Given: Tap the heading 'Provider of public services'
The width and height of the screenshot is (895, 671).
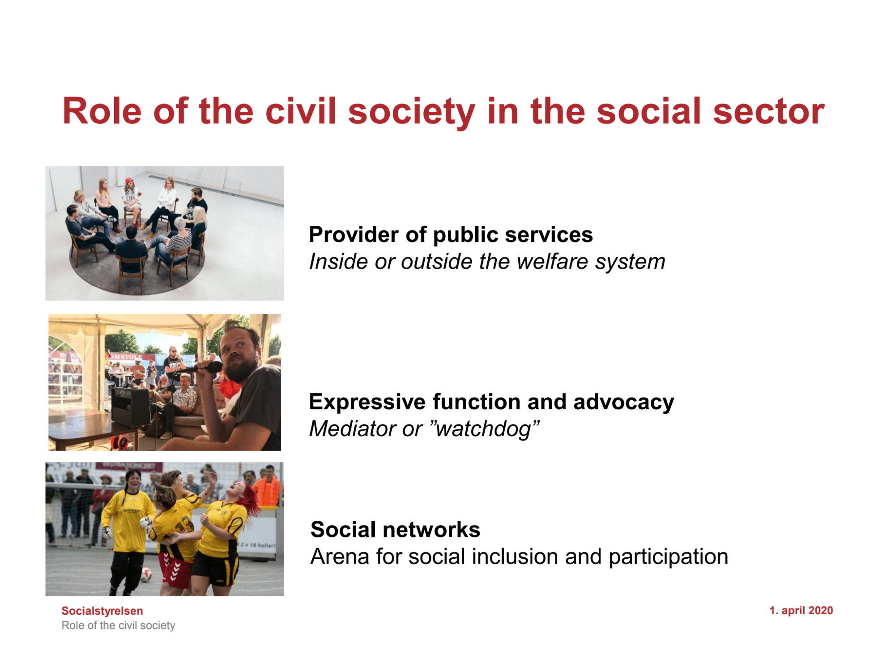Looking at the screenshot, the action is point(451,235).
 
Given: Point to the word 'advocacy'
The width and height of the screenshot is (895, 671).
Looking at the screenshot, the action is point(623,402).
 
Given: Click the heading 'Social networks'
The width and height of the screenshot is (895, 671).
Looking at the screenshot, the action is point(395,530).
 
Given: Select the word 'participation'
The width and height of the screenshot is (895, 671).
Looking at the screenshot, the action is point(669,557).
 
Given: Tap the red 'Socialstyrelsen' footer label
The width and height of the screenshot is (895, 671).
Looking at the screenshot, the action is point(102,611).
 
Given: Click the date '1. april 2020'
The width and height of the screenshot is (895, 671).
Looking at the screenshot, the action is point(801,611).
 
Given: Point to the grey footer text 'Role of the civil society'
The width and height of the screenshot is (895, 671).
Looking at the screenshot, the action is point(118,625).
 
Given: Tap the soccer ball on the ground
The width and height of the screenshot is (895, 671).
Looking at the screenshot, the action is point(146,575).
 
